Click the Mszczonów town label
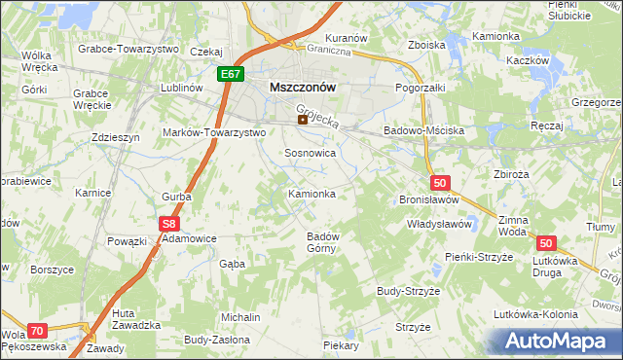coord(302,87)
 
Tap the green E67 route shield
coord(231,74)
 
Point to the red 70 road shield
coord(37,331)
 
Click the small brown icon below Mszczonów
coord(302,121)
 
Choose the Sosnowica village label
coord(311,153)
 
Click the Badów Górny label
coord(322,241)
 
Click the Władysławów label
coord(439,224)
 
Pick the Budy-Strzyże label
coord(410,291)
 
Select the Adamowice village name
coord(189,237)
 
